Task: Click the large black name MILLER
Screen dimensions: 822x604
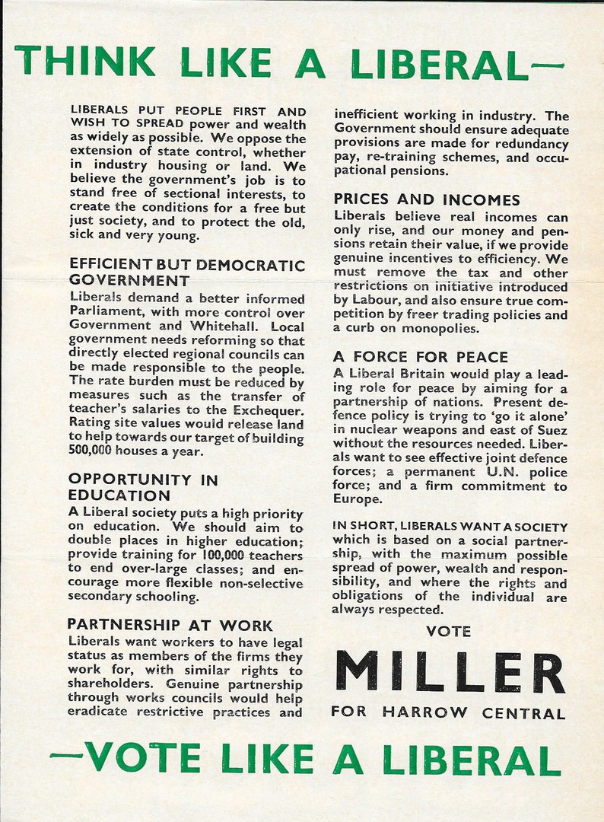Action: point(449,672)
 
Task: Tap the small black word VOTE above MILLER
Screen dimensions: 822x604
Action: point(448,631)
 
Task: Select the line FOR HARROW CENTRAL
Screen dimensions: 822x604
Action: point(448,713)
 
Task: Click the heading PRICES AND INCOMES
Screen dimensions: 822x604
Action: point(427,200)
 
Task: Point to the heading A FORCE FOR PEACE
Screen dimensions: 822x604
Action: point(421,357)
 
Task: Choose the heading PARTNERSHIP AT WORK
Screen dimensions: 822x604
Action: point(170,626)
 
